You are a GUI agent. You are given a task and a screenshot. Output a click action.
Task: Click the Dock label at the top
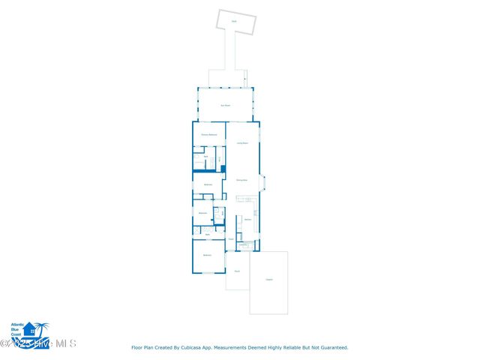(x=233, y=22)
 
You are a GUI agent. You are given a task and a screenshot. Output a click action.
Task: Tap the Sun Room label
(x=225, y=106)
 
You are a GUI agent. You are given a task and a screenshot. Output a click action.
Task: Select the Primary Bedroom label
(x=209, y=135)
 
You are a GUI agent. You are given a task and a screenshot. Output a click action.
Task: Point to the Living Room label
(x=242, y=142)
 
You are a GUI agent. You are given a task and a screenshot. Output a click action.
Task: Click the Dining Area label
(x=241, y=181)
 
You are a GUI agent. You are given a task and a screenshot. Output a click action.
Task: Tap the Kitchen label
(x=247, y=220)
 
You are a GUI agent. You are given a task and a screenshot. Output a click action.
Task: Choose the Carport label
(x=268, y=280)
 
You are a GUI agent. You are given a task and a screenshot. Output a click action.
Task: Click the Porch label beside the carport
(x=237, y=271)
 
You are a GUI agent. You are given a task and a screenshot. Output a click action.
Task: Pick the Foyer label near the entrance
(x=231, y=239)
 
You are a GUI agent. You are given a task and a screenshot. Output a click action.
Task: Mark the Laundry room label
(x=243, y=244)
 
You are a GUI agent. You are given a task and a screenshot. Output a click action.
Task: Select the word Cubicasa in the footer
(x=193, y=348)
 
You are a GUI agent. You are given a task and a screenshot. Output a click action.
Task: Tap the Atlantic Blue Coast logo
(x=28, y=329)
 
